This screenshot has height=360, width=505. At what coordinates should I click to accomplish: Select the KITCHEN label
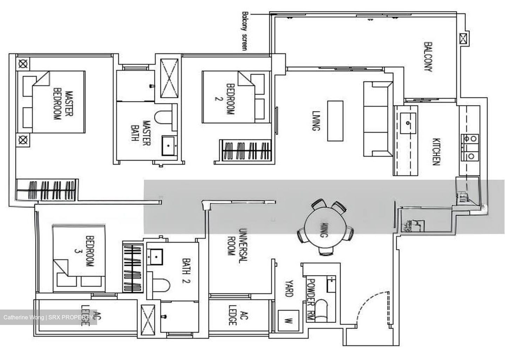click(436, 151)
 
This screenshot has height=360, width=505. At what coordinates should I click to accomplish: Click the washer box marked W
click(288, 320)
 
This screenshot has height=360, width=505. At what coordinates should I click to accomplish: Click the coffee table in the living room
click(335, 121)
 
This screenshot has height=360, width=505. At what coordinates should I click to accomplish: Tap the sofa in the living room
click(377, 120)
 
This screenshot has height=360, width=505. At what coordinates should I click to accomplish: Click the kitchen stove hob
click(470, 147)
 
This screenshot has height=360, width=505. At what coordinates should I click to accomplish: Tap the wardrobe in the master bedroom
click(48, 190)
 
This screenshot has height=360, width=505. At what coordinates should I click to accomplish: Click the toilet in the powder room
click(321, 311)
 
